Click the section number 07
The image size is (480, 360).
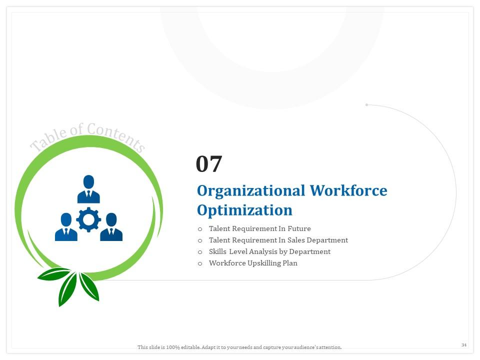(208, 164)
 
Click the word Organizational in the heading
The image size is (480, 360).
(250, 191)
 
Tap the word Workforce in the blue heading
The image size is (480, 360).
(348, 191)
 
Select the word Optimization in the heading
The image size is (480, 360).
(244, 210)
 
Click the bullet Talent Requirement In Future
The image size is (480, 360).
(259, 228)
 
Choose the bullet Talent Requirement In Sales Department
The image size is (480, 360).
(278, 240)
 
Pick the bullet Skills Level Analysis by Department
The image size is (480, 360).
(269, 251)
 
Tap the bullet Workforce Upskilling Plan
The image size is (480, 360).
(253, 263)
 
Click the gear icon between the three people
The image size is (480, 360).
(88, 219)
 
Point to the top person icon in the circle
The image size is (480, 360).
(88, 189)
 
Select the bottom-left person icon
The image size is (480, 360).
(66, 227)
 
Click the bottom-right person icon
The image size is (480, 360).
(111, 227)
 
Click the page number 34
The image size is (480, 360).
(463, 345)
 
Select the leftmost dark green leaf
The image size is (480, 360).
(53, 274)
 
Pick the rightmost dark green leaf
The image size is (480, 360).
(89, 286)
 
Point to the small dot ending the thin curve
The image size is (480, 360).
(366, 104)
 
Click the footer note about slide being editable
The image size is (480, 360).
(239, 347)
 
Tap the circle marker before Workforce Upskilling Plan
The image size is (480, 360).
(200, 263)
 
